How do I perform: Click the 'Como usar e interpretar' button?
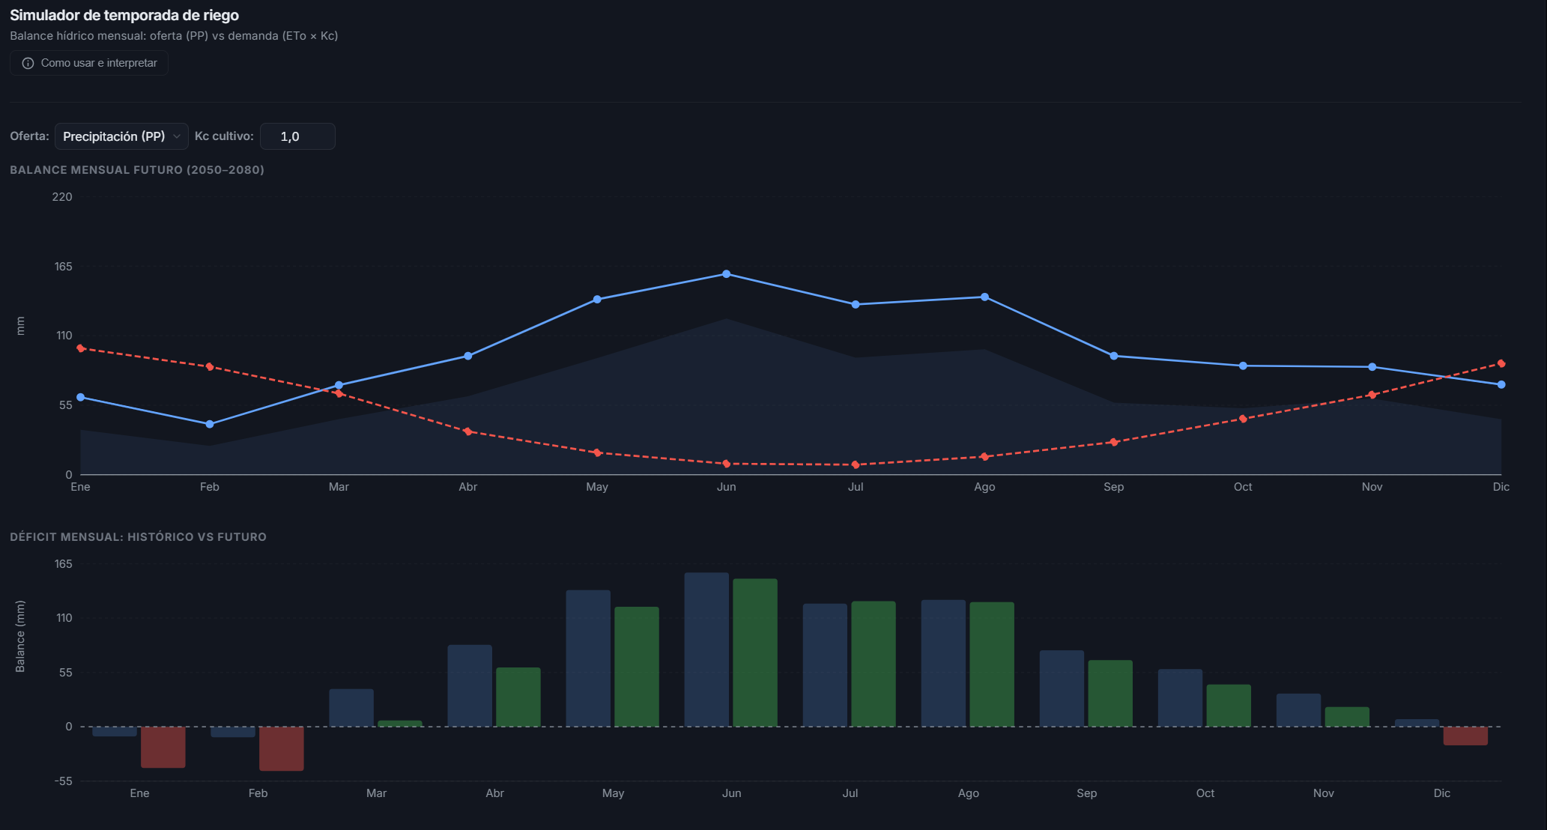tap(89, 63)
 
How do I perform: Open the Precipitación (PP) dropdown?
tap(121, 136)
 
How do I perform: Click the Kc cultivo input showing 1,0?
tap(297, 136)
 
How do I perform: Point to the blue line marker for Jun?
tap(726, 274)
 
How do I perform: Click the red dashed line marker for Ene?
tap(81, 348)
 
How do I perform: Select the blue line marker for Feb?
tap(210, 424)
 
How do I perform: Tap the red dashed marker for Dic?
tap(1501, 364)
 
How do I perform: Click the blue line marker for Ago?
tap(984, 297)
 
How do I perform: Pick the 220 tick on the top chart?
tap(62, 197)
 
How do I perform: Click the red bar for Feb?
tap(282, 748)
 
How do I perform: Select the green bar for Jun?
tap(755, 652)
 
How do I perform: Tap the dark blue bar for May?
tap(588, 658)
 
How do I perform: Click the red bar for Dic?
tap(1465, 736)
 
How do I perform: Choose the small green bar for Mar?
tap(400, 724)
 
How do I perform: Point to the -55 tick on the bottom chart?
tap(63, 781)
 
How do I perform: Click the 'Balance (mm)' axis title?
tap(20, 636)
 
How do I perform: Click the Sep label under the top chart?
tap(1113, 487)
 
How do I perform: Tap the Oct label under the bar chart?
tap(1205, 793)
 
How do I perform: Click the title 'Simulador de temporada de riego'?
tap(124, 15)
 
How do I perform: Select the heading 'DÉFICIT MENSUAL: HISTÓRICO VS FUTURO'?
tap(138, 537)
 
